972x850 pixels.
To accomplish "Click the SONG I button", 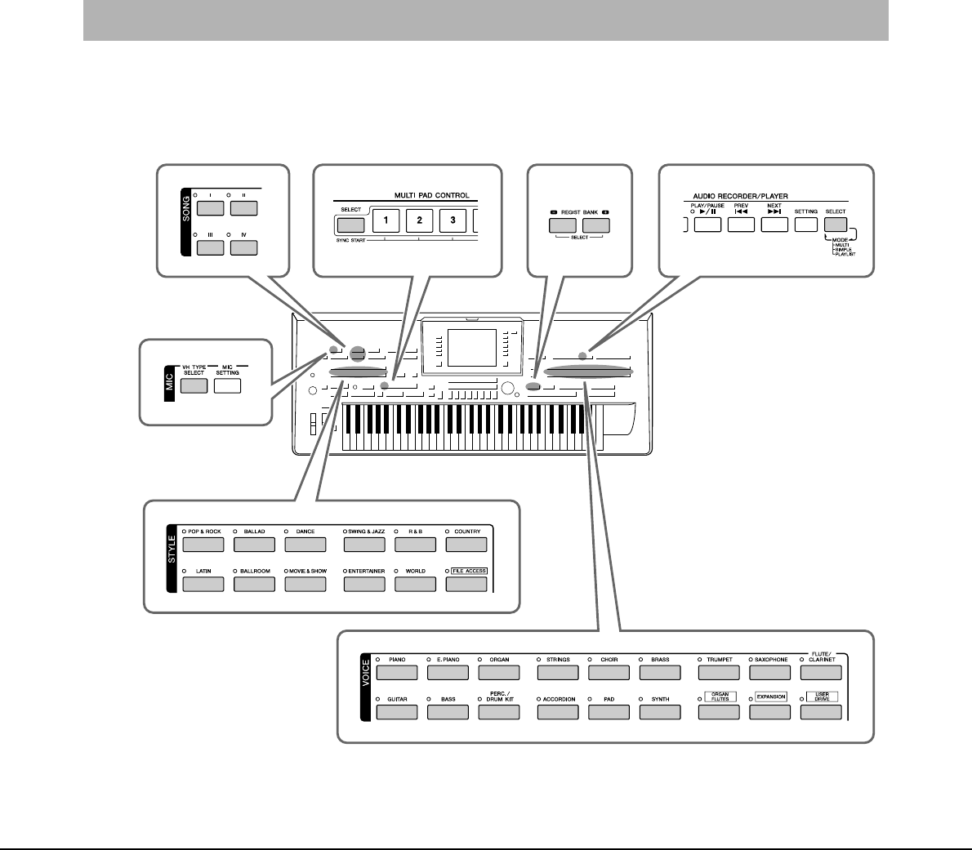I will [x=211, y=207].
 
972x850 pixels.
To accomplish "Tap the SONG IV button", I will [x=243, y=247].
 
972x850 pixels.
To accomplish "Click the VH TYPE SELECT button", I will [x=194, y=386].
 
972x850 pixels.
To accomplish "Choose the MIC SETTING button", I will [x=227, y=386].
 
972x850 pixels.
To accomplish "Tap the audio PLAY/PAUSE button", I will [x=707, y=225].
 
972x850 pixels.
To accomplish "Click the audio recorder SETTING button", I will [x=806, y=225].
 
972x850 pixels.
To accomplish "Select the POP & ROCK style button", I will [x=203, y=545].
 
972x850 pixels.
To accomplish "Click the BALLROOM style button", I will [x=254, y=585].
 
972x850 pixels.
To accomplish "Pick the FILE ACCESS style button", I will [x=466, y=585].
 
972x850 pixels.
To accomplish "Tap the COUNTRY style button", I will [x=466, y=545].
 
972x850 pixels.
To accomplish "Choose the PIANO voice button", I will [x=397, y=673].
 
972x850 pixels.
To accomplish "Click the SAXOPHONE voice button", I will [x=769, y=673].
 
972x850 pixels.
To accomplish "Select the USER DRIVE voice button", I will [x=821, y=712].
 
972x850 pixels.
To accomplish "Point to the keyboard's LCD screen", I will [x=471, y=347].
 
